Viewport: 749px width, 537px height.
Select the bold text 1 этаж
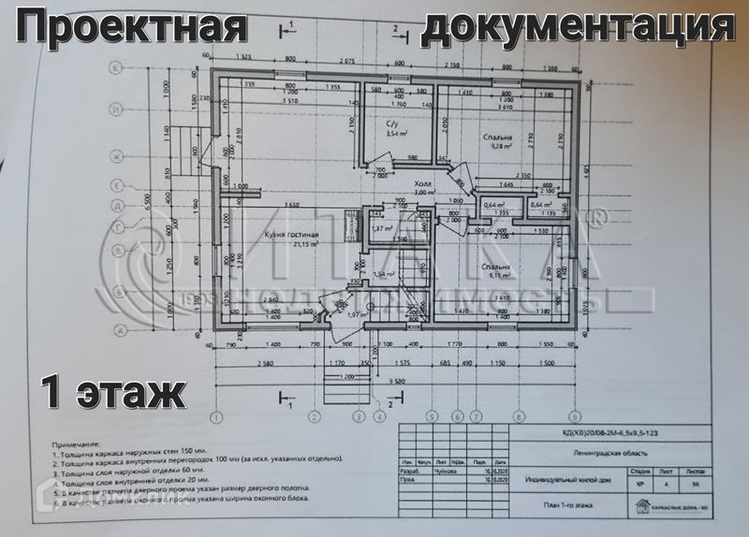click(x=110, y=390)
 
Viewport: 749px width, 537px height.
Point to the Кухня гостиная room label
click(x=292, y=235)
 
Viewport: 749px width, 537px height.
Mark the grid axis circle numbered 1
click(x=216, y=417)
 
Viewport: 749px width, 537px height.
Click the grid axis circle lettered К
click(x=119, y=68)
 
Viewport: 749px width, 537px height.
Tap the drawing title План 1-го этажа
click(x=565, y=505)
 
